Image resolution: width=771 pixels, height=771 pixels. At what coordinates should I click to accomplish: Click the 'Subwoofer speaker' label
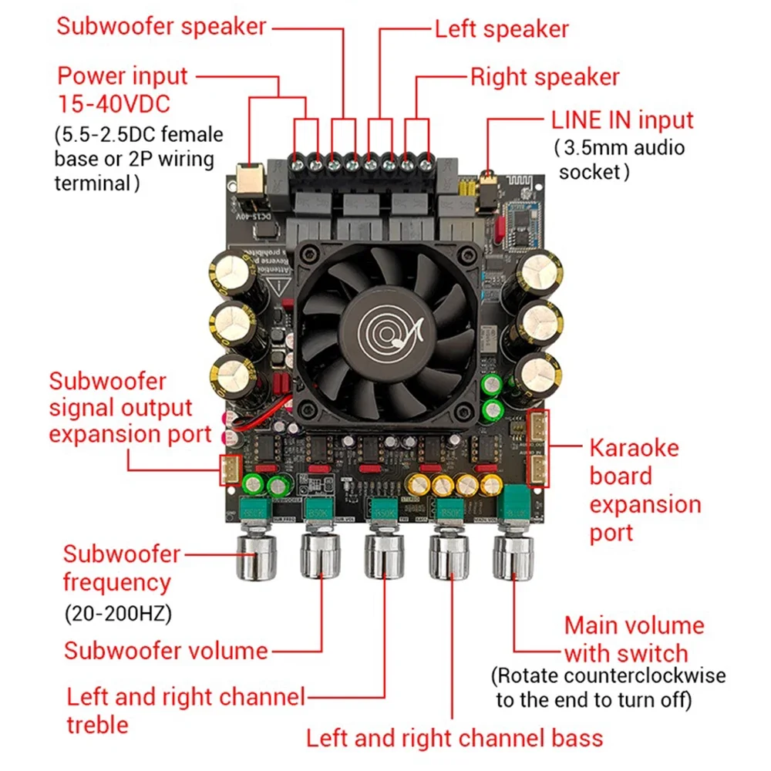161,26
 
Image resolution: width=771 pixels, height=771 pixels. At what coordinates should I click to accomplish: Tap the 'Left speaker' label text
501,29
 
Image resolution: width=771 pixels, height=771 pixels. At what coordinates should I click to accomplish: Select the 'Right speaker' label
544,77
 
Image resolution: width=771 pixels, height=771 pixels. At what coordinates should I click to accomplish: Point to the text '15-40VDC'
113,103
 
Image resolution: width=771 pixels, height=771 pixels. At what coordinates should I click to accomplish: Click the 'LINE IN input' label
621,120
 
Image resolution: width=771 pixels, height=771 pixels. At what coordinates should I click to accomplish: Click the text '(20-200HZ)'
116,614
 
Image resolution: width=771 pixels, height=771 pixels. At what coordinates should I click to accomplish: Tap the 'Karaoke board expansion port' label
645,490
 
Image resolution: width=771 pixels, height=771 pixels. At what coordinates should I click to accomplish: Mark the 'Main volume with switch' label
634,638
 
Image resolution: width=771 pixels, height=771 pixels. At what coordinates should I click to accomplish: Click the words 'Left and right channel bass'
454,737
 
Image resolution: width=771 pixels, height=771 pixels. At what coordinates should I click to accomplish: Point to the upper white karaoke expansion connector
538,428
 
